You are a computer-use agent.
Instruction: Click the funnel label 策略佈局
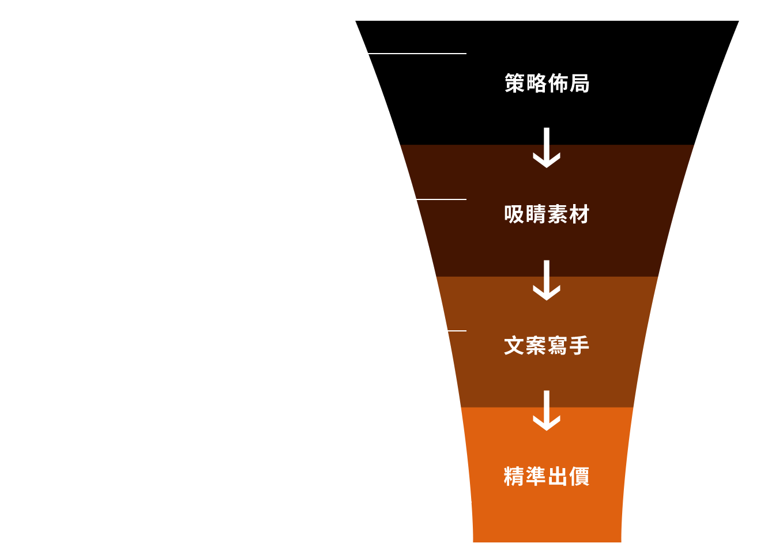tap(547, 84)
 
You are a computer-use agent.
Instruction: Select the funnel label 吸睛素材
tap(547, 214)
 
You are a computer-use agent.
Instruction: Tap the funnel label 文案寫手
tap(547, 346)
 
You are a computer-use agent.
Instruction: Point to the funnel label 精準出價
tap(547, 477)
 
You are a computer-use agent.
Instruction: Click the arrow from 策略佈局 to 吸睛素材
tap(547, 148)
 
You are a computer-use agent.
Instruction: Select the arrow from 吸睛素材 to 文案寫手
tap(547, 280)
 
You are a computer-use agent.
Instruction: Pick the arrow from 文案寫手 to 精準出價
tap(547, 410)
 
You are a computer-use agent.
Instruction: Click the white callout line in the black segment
tap(417, 54)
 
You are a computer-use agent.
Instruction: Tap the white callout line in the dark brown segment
tap(441, 199)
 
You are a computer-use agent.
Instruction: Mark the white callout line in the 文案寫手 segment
tap(457, 331)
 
